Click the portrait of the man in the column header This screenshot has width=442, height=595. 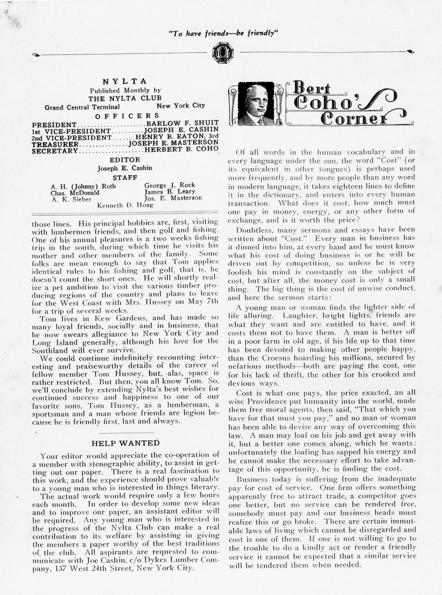pos(256,103)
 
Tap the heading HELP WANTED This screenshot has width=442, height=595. pos(126,443)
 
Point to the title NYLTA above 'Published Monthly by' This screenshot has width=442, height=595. pos(124,81)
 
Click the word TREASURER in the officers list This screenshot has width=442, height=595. pos(55,144)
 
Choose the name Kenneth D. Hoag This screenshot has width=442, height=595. pos(125,205)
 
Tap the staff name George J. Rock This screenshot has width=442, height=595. pos(169,185)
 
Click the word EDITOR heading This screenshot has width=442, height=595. pos(125,160)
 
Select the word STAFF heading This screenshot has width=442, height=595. pos(125,177)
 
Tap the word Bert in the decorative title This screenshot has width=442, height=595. pos(312,88)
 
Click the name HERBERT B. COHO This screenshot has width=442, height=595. pos(181,150)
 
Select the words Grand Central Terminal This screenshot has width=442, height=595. pos(82,108)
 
